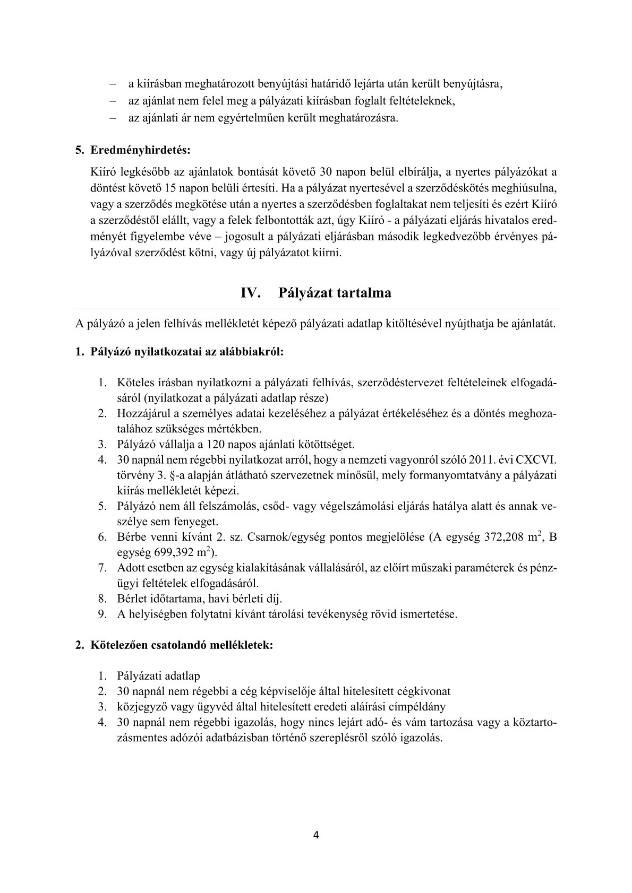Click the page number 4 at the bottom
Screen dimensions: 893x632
click(316, 835)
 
